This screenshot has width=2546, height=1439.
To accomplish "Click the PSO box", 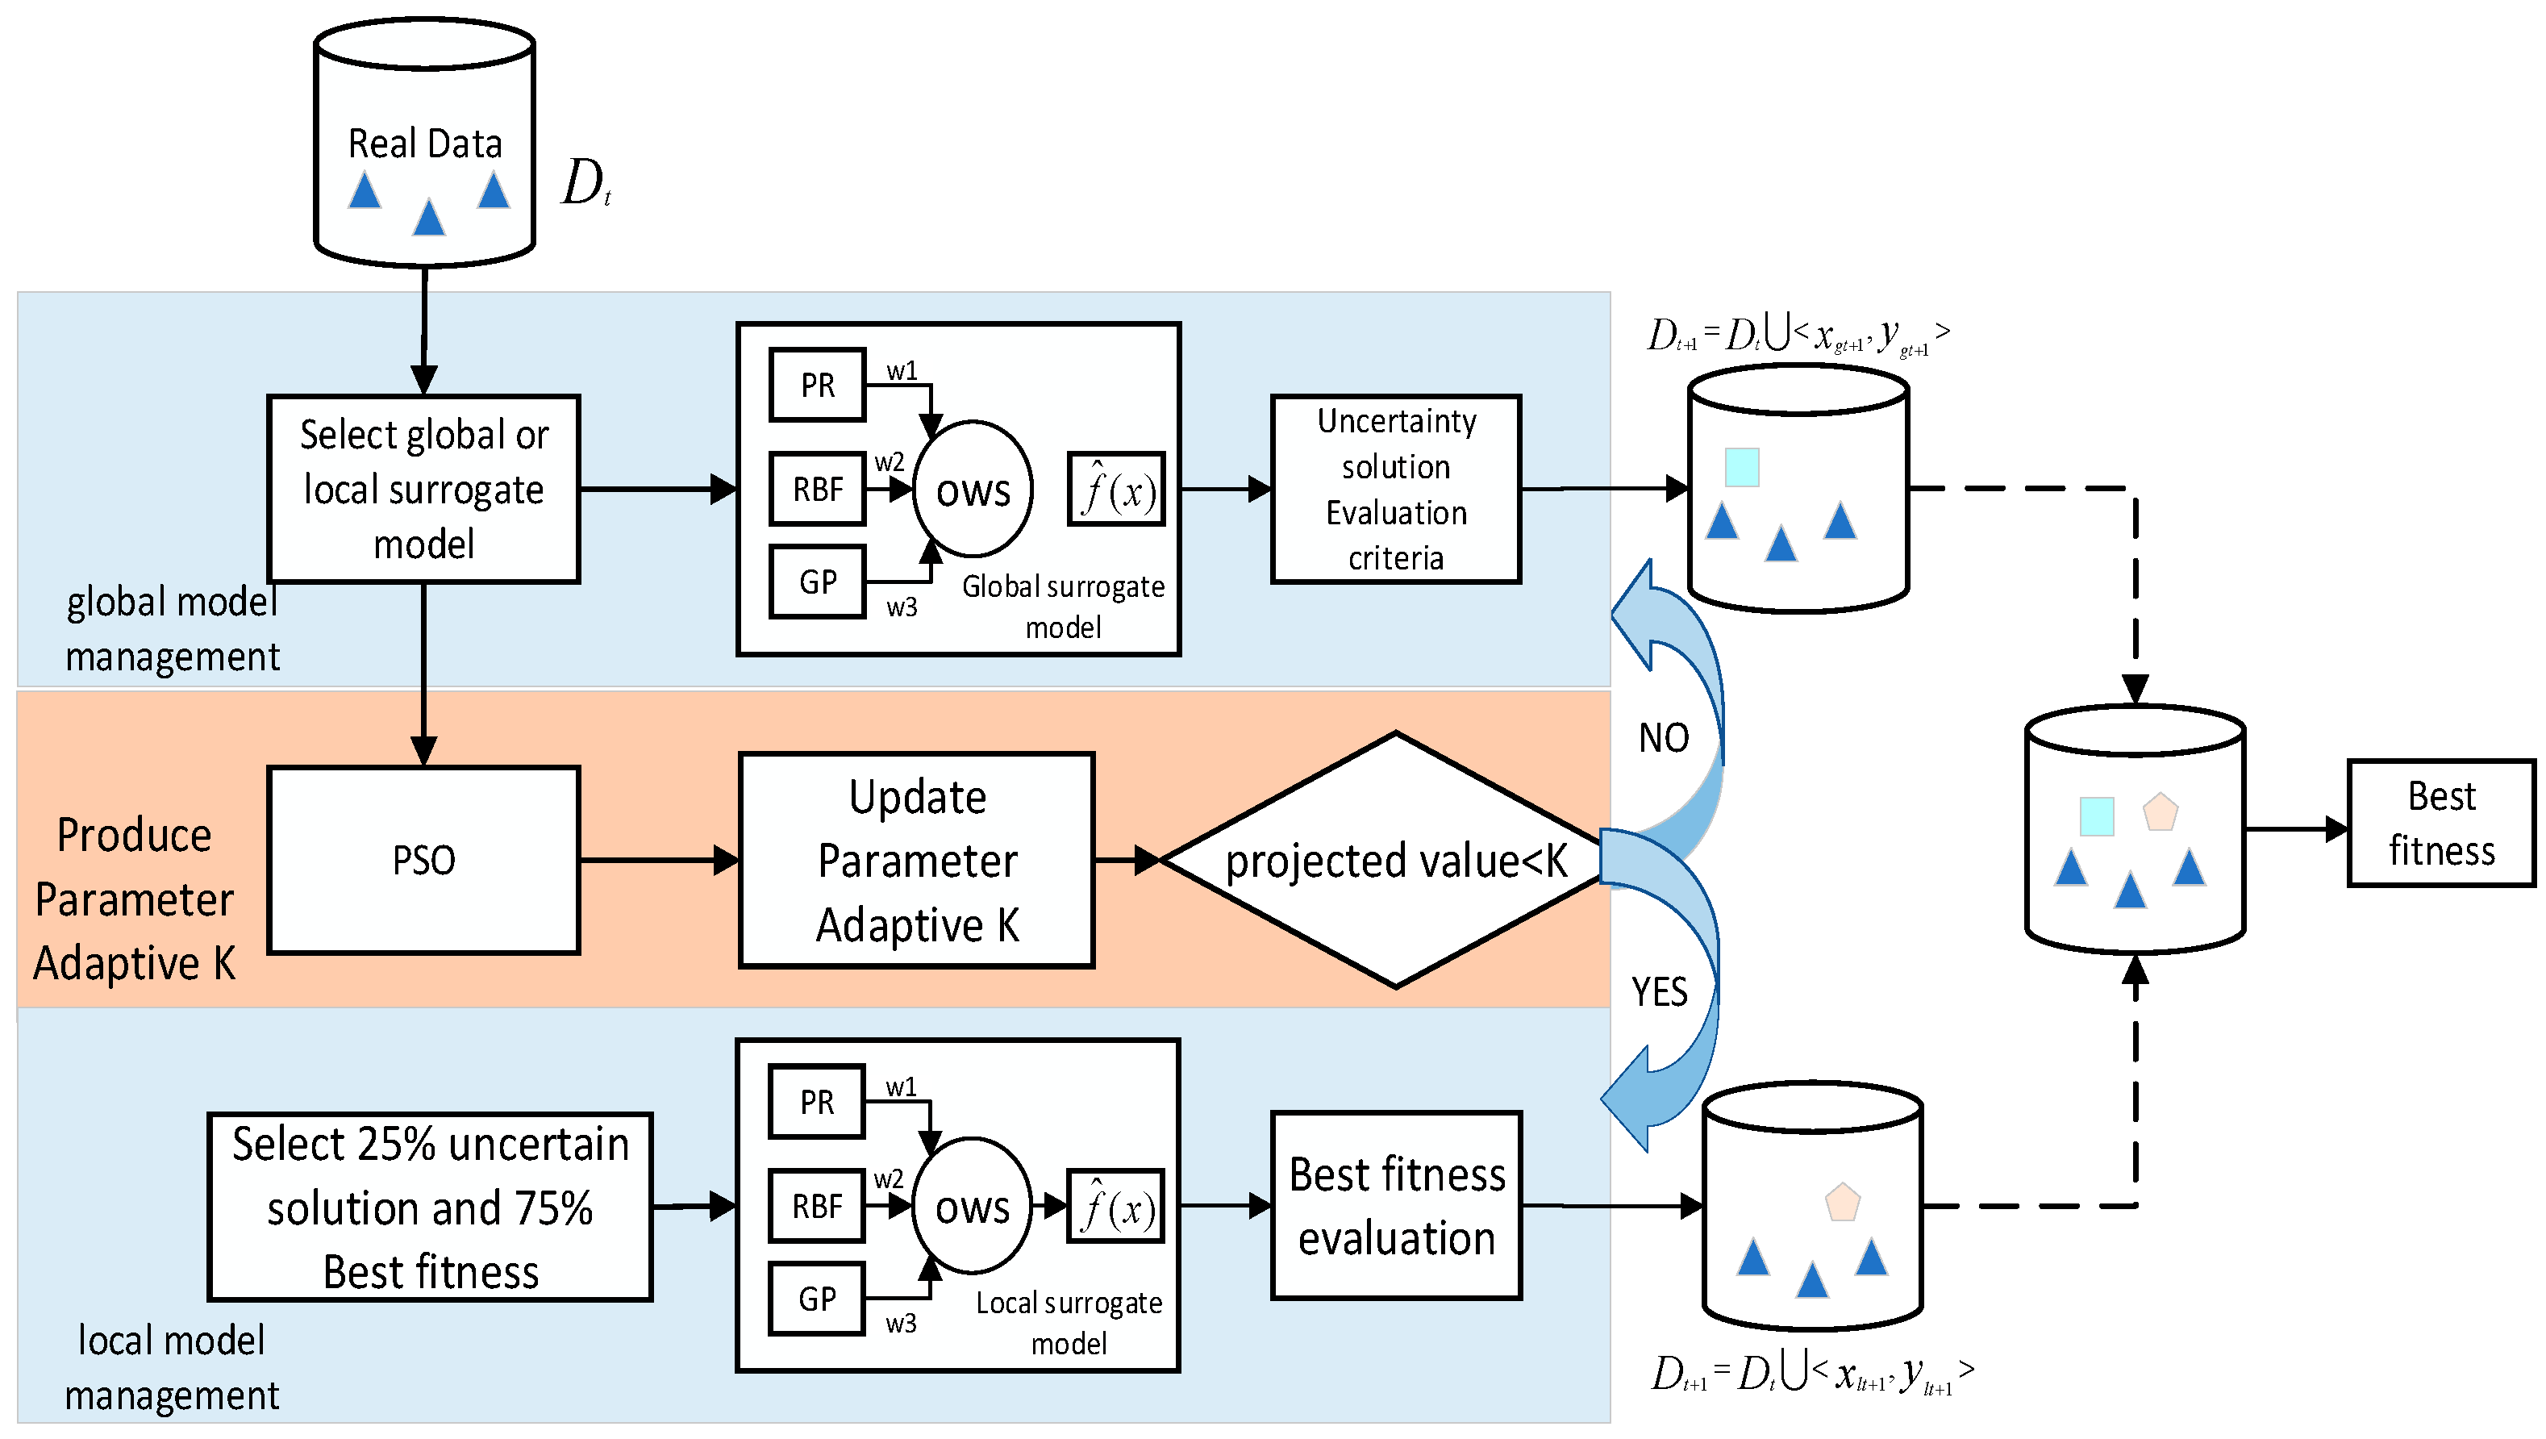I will (x=423, y=860).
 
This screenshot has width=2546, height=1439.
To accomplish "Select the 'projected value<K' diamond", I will (x=1394, y=860).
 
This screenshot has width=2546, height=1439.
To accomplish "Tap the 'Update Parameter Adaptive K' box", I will (x=916, y=860).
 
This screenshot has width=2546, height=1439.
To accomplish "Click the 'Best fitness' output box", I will (x=2440, y=824).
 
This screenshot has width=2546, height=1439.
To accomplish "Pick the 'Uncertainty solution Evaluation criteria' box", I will (x=1394, y=490).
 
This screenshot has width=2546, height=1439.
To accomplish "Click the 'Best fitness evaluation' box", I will (x=1394, y=1206).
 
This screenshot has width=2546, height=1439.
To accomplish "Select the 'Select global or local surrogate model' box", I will (x=423, y=490).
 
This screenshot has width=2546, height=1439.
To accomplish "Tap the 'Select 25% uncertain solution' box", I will (x=430, y=1207).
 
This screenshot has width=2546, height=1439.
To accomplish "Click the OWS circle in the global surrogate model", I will (x=973, y=490).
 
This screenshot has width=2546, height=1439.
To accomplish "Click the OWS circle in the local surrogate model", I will (x=972, y=1207).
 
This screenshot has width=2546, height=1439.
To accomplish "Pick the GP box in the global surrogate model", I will (x=818, y=582).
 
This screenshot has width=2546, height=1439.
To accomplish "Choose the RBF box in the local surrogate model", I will (x=816, y=1207).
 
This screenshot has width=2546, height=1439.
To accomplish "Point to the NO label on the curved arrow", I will (x=1664, y=738).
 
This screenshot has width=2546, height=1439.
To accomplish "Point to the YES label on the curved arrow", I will (x=1660, y=991).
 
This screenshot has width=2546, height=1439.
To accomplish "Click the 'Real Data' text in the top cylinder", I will (x=425, y=144).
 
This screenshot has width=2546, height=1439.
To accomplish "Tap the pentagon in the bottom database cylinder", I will (x=1842, y=1203).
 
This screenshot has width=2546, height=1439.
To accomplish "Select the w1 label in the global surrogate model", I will (x=902, y=372).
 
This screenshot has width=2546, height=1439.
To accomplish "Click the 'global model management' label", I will (x=172, y=629).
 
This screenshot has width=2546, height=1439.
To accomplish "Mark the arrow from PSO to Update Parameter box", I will (x=658, y=860).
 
